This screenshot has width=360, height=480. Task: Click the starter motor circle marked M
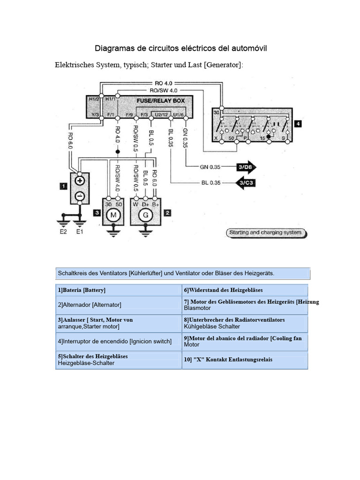112,216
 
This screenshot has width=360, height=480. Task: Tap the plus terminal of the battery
80,180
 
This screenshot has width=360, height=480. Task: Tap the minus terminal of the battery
80,195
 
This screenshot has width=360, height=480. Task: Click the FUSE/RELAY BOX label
160,100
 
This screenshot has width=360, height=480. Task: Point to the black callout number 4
298,124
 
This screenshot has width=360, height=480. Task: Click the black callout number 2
166,213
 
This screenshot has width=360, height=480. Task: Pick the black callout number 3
97,213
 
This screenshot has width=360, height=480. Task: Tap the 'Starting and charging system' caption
265,232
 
